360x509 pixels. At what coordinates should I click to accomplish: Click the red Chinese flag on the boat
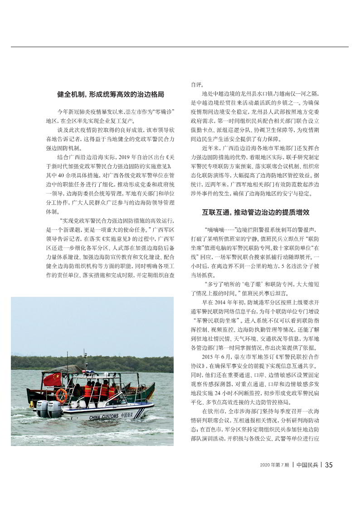point(52,379)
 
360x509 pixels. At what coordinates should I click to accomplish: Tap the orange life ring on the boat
point(61,395)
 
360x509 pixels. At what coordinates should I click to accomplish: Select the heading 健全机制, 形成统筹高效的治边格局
point(110,94)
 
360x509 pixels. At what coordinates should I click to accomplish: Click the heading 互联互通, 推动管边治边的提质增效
point(255,212)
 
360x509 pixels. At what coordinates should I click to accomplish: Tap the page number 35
point(329,465)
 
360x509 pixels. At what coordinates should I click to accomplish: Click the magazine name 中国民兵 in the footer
point(306,465)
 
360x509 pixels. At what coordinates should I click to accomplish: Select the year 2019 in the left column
point(124,157)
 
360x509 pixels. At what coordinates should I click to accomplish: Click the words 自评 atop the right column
point(195,85)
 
